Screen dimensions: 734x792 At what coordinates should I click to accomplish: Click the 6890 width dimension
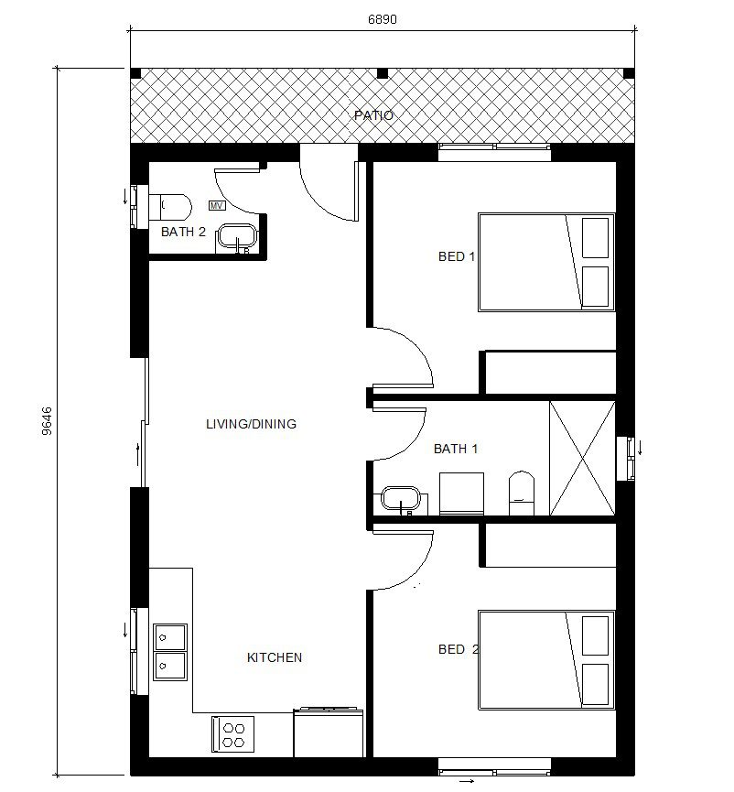383,19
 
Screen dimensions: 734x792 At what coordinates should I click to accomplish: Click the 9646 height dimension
47,421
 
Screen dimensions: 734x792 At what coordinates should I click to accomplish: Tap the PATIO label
373,115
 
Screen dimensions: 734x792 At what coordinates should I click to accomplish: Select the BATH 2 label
183,232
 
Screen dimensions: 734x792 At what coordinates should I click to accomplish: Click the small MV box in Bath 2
217,206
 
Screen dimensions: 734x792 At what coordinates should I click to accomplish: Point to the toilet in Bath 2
170,207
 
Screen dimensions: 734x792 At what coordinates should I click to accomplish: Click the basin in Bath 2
237,237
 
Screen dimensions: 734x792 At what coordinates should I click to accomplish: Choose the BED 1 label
457,256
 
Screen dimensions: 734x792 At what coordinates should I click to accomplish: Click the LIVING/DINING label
251,424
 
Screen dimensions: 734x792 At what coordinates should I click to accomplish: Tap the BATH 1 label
456,449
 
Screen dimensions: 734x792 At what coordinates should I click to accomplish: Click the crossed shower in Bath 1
582,458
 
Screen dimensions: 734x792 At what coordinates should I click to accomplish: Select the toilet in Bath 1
522,494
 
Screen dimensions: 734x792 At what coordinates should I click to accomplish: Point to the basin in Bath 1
401,499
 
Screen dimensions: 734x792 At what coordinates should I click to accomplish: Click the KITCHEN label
275,657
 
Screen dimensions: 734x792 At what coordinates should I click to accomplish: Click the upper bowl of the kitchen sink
170,637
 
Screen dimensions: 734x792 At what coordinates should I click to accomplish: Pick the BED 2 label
459,649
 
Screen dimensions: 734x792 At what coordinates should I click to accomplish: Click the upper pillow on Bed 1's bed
595,238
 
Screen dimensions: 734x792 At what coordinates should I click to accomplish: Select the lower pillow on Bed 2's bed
595,684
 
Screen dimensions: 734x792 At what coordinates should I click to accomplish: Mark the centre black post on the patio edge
383,73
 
